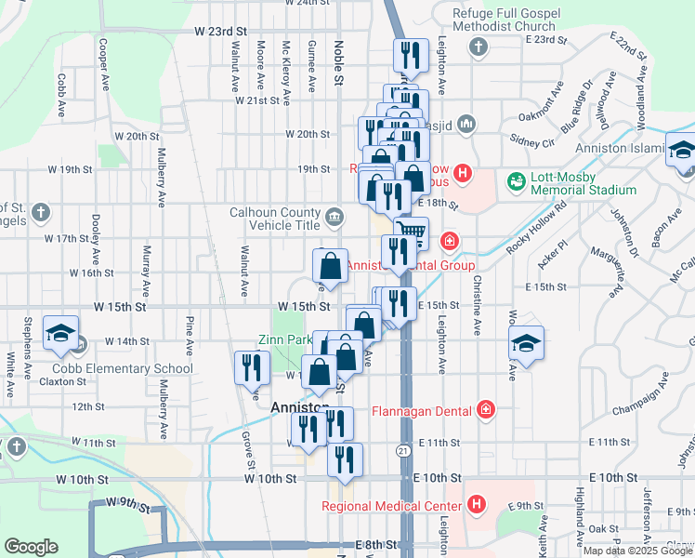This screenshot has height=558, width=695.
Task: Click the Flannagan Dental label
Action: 423,409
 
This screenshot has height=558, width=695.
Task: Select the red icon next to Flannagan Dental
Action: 484,409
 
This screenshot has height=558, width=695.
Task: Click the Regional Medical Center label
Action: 392,506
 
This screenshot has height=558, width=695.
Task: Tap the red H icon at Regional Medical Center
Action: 476,505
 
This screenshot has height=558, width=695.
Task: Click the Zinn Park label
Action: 285,339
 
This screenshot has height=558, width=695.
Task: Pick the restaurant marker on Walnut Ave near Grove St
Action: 249,367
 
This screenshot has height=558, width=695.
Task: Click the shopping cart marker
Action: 410,232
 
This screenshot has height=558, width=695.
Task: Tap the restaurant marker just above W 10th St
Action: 345,459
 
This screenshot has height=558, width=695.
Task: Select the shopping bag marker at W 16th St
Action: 330,265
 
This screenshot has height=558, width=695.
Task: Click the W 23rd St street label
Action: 221,31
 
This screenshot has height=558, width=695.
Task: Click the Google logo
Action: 33,547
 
